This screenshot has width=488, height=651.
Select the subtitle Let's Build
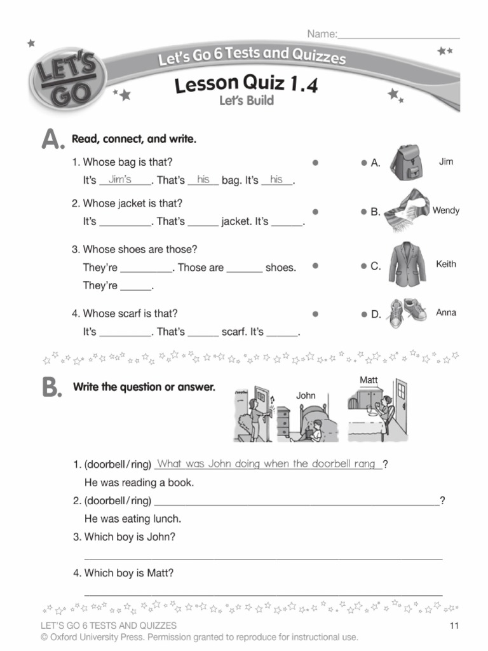pos(247,100)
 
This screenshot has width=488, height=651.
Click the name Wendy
pos(445,210)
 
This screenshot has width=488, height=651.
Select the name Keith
pos(445,264)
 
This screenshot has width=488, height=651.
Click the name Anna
pos(445,313)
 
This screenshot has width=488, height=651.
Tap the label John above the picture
pos(306,395)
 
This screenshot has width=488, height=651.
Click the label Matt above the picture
pos(369,380)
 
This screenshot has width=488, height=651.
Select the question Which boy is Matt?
pos(129,573)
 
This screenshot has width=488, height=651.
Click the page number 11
pos(454,626)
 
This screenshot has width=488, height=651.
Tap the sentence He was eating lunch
pos(133,518)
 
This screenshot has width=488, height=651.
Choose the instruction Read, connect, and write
pos(134,139)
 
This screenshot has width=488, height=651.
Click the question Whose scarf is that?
pos(130,313)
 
